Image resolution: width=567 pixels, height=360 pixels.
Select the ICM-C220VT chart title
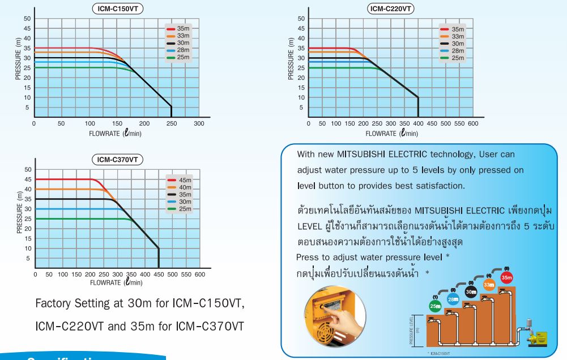[x=390, y=8]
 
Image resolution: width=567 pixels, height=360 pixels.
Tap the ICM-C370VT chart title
[x=118, y=160]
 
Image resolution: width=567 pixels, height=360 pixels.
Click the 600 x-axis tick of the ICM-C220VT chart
[x=474, y=123]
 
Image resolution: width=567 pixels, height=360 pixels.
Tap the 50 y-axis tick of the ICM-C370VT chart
[x=28, y=169]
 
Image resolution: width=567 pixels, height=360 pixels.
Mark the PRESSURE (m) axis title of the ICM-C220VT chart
[x=291, y=58]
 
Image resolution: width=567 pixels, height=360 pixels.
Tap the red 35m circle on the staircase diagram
[x=506, y=278]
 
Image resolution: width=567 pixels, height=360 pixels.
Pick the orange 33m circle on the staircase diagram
[x=489, y=285]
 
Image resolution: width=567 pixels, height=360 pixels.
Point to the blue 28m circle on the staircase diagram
[x=452, y=298]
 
